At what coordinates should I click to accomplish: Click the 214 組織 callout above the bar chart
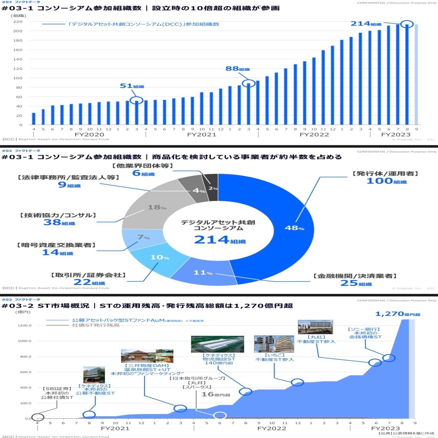tap(366, 24)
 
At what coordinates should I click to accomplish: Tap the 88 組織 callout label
tap(237, 69)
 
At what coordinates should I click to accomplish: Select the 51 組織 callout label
tap(132, 86)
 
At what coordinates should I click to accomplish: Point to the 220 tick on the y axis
tap(18, 22)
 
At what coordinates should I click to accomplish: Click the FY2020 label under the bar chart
tap(89, 135)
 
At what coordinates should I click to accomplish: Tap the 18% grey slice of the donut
tap(154, 208)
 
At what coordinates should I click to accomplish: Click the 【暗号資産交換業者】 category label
tap(56, 245)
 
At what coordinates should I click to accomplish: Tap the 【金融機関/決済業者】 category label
tap(355, 276)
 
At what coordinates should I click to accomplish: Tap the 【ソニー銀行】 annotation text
tap(364, 329)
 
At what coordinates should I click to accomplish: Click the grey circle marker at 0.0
tap(37, 417)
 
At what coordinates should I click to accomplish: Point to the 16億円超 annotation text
tap(216, 394)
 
